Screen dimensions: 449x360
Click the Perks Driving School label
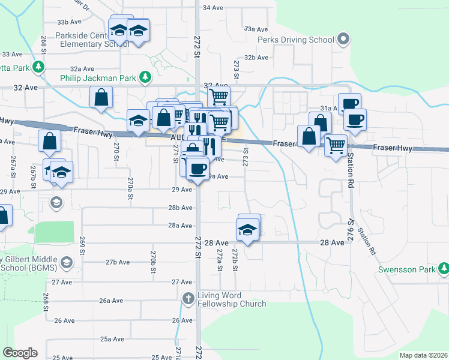[x=295, y=40]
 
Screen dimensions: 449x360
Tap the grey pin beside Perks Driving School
[x=343, y=40]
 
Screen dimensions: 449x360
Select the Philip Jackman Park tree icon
[x=145, y=77]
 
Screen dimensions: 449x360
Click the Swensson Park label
[x=406, y=269]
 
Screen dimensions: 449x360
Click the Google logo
[x=20, y=353]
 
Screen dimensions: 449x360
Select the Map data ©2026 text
[x=423, y=355]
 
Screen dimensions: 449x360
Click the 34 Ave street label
[x=214, y=8]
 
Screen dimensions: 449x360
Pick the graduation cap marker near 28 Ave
[x=247, y=230]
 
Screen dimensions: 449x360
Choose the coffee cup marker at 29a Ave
[x=197, y=168]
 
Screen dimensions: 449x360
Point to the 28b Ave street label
[x=180, y=208]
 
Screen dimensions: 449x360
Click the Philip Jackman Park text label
[x=98, y=77]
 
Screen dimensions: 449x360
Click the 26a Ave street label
[x=112, y=301]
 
